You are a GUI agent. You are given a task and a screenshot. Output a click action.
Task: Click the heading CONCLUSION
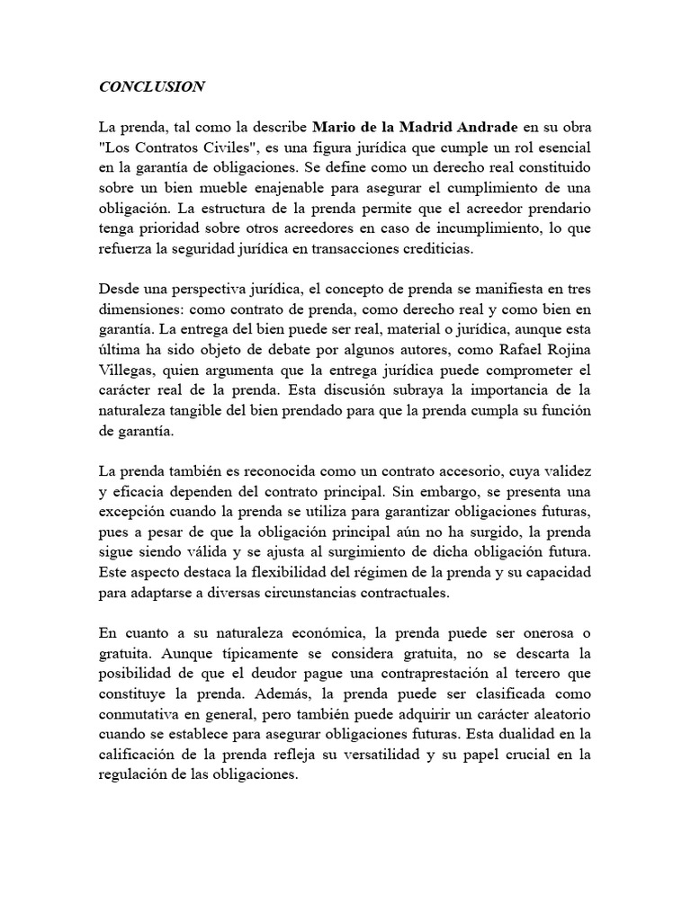152,87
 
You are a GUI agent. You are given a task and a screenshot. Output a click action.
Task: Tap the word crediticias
443,248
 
